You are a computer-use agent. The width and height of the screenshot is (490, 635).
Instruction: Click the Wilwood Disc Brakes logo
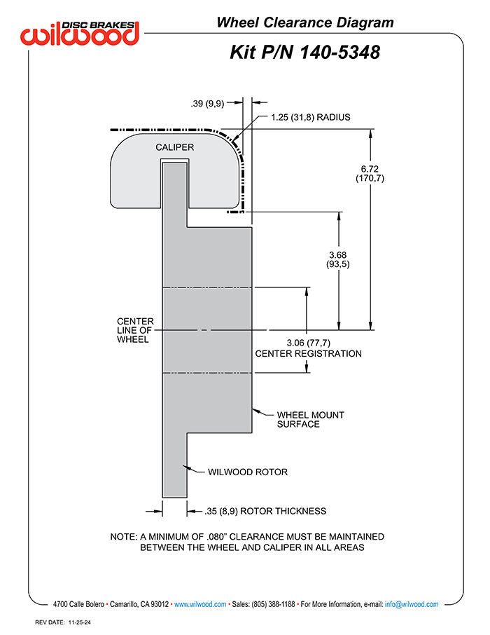click(x=80, y=33)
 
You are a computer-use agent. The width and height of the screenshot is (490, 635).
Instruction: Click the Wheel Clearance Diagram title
click(x=305, y=22)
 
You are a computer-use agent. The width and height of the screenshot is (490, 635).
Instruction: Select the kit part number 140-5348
click(x=339, y=53)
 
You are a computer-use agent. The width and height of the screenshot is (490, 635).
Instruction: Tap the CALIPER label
click(x=175, y=147)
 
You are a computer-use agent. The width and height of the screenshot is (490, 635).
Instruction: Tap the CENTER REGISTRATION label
click(x=308, y=353)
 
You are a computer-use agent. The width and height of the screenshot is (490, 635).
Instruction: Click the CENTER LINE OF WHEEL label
click(x=135, y=330)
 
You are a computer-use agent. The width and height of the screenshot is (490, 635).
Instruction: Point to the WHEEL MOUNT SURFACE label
click(x=310, y=420)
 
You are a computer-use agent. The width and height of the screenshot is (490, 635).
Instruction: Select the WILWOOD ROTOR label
click(x=248, y=472)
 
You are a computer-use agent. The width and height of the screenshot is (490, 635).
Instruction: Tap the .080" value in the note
click(x=216, y=537)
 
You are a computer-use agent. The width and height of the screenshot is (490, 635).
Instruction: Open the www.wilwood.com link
click(x=200, y=604)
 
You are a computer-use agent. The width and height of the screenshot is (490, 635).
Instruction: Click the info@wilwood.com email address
click(x=412, y=604)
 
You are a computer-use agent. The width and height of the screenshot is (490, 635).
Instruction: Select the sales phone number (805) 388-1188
click(x=273, y=604)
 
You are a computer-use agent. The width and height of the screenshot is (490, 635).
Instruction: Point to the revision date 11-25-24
click(x=79, y=622)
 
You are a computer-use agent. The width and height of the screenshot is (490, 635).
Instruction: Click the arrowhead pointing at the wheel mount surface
click(x=255, y=411)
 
